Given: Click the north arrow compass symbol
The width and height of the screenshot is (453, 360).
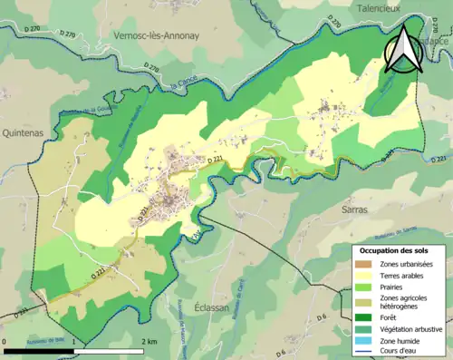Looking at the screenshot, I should pyautogui.click(x=405, y=50).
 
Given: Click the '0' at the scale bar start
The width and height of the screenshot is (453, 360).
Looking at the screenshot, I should pyautogui.click(x=5, y=342).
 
